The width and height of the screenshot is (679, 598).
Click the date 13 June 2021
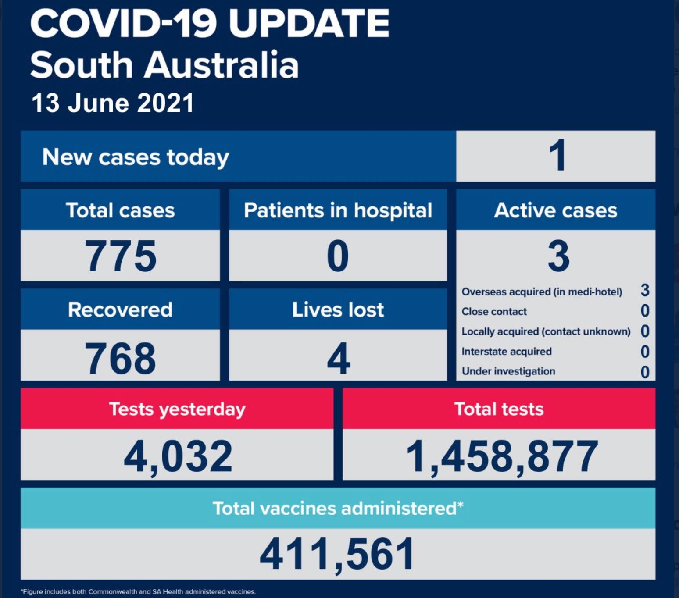tap(112, 103)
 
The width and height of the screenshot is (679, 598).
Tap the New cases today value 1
tap(557, 156)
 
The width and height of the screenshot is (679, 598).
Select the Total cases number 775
tap(120, 256)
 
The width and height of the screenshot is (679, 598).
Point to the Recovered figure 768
tap(120, 358)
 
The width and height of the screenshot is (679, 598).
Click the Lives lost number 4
tap(338, 358)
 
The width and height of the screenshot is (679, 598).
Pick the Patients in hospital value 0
tap(338, 256)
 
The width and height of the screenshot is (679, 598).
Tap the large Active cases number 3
tap(558, 256)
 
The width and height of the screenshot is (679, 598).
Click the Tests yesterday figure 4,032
tap(178, 456)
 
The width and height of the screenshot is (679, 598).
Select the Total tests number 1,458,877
tap(501, 456)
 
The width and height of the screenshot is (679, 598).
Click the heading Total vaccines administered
tap(338, 508)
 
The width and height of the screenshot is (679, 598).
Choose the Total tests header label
tap(499, 409)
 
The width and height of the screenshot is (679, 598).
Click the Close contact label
tap(494, 312)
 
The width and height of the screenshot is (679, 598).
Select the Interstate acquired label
tap(506, 352)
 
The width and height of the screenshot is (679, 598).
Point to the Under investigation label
tap(508, 371)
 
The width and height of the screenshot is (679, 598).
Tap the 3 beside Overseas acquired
tap(644, 290)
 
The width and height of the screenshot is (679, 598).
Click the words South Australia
tap(164, 65)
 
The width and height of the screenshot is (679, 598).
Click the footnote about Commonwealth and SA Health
tap(139, 592)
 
